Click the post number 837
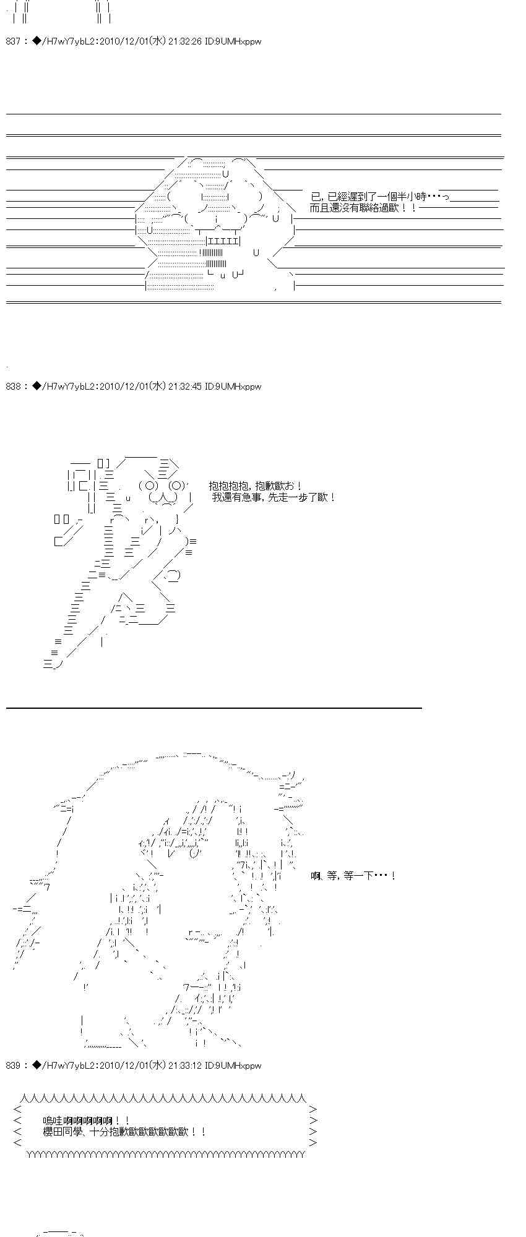click(x=13, y=42)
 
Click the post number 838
click(x=13, y=387)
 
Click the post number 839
click(x=13, y=1066)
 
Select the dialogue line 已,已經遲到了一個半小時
click(x=379, y=196)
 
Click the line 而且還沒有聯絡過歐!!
click(x=363, y=208)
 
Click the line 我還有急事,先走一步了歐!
click(x=274, y=497)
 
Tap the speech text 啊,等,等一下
click(x=353, y=876)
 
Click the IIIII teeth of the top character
click(x=223, y=241)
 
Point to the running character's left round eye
click(x=149, y=485)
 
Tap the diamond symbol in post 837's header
click(x=37, y=42)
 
